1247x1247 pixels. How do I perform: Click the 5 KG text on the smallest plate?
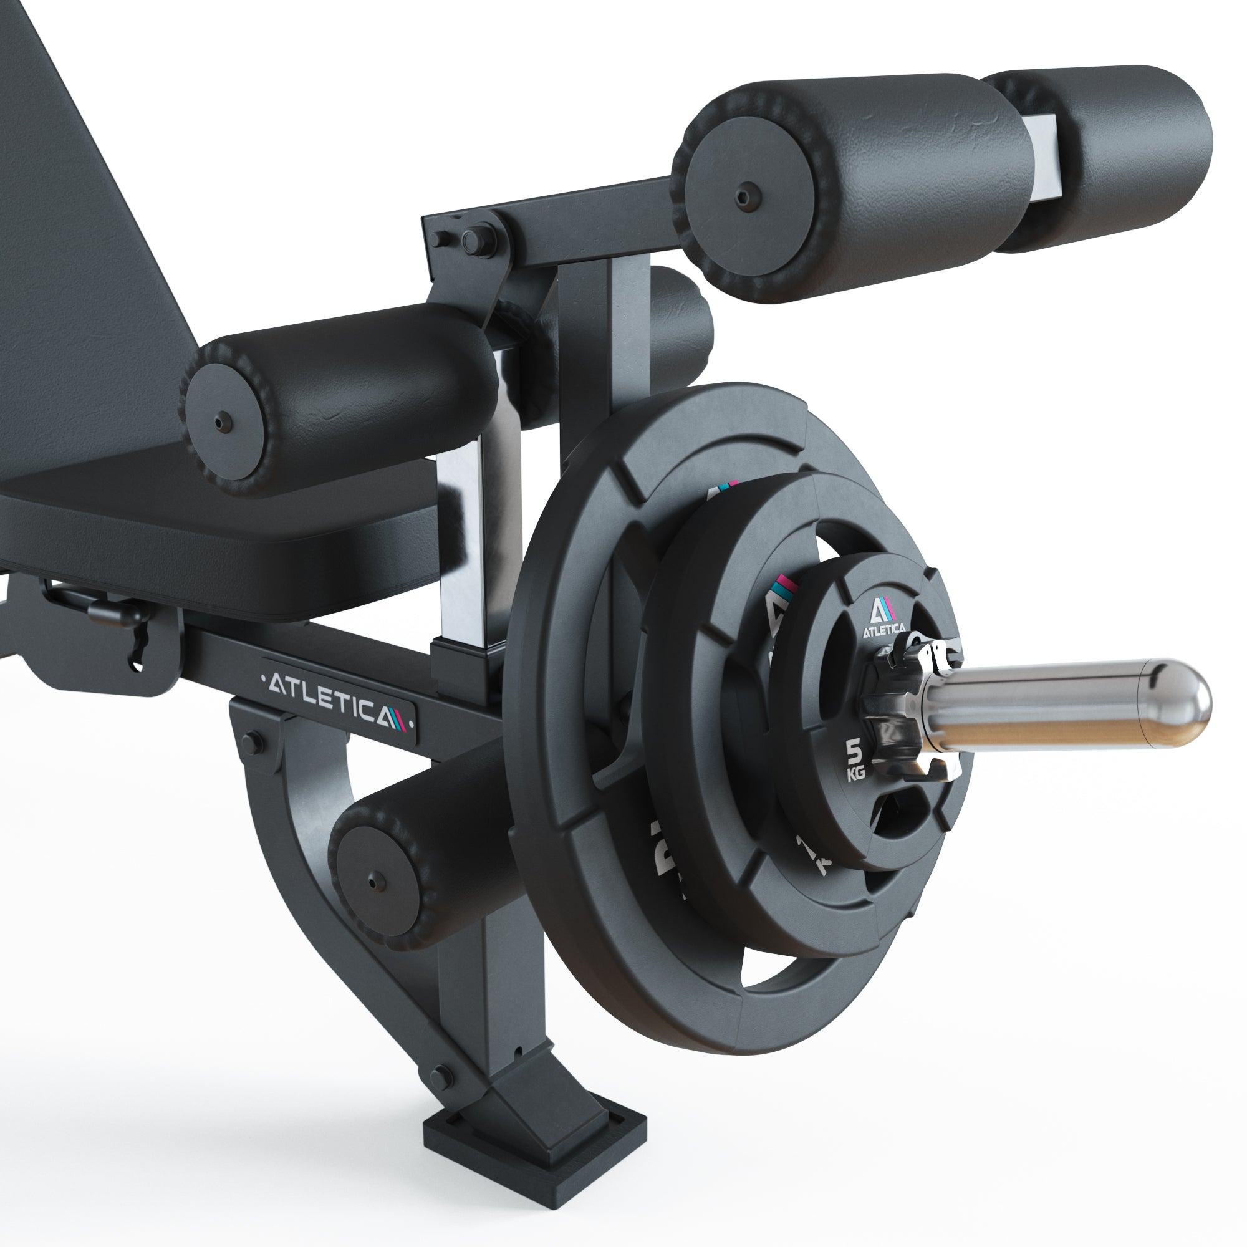[855, 760]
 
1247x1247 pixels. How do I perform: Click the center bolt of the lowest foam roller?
[373, 880]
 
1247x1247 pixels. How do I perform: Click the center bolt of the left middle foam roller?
[222, 421]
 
